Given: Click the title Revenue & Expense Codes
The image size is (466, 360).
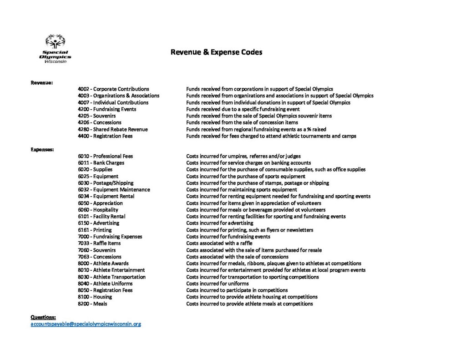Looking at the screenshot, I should (x=216, y=52).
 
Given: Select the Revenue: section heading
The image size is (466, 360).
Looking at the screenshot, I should (x=41, y=82).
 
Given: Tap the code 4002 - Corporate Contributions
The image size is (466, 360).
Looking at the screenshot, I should (x=113, y=89).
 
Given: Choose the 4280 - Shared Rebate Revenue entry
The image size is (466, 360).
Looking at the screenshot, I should (x=112, y=129).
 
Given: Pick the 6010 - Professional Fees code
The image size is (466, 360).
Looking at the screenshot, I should (x=105, y=156).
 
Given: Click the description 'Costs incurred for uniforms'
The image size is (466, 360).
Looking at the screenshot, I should (x=217, y=284).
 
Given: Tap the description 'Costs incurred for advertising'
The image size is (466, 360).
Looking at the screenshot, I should (x=219, y=223).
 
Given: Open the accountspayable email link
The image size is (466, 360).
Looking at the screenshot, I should (x=86, y=324).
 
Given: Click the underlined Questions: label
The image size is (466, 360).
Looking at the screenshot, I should (x=43, y=317).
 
